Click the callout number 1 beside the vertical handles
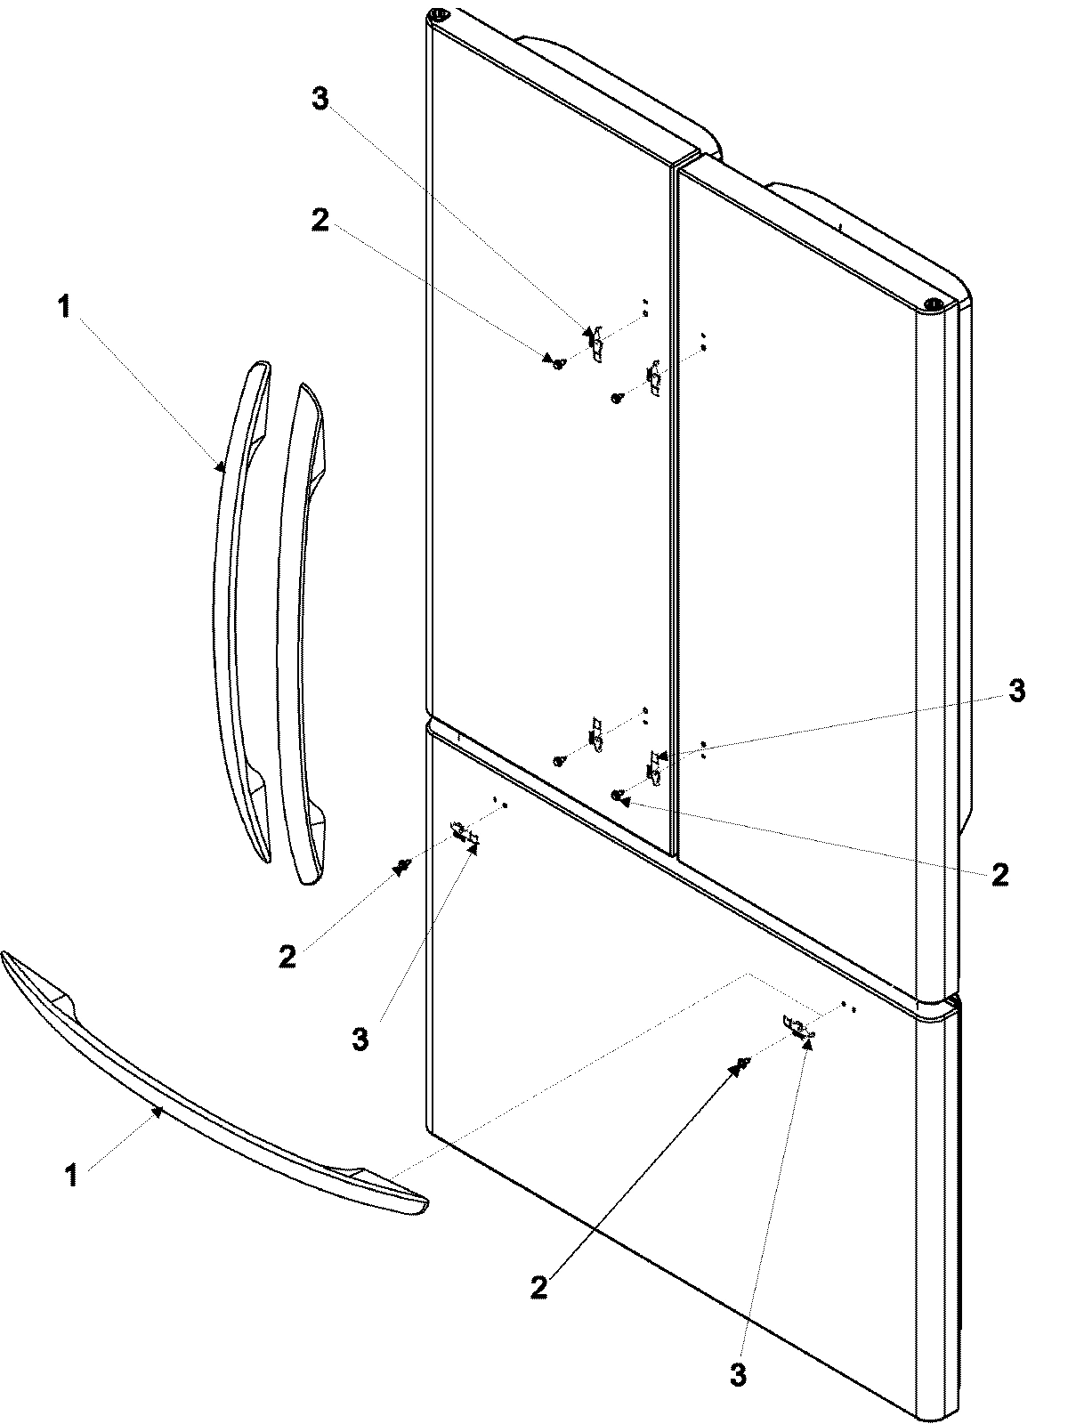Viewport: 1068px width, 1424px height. click(62, 309)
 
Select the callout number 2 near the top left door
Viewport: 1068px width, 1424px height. click(320, 220)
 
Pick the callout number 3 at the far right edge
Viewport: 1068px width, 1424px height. click(1016, 691)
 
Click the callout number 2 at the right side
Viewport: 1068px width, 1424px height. click(1000, 874)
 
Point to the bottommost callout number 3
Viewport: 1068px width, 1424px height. click(738, 1376)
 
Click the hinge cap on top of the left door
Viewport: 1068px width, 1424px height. click(437, 15)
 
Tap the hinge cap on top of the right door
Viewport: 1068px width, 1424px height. click(932, 304)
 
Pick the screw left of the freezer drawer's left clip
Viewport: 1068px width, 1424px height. click(403, 864)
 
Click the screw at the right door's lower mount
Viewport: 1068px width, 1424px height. click(616, 794)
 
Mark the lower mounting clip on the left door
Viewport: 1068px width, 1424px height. click(595, 732)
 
